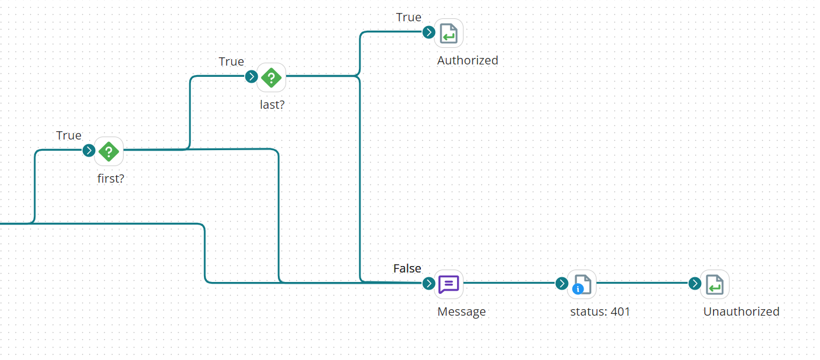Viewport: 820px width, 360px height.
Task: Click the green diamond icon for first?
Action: click(x=109, y=151)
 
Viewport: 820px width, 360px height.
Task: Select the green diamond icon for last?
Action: click(x=271, y=77)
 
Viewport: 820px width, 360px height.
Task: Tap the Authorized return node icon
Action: click(x=449, y=33)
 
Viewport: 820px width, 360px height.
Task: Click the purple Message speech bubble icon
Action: click(x=449, y=284)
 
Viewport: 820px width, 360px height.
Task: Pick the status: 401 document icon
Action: click(x=582, y=284)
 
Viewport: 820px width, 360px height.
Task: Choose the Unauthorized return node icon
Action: click(x=715, y=284)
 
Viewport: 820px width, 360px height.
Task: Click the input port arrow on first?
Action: click(x=89, y=150)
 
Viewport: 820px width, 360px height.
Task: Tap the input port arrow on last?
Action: click(x=251, y=76)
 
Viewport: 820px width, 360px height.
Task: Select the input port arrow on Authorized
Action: click(x=429, y=32)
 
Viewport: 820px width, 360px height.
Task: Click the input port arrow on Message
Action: click(x=429, y=283)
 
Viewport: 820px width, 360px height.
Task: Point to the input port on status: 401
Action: click(x=562, y=283)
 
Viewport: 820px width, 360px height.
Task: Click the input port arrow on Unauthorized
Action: click(x=695, y=283)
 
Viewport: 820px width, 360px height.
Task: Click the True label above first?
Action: click(x=69, y=135)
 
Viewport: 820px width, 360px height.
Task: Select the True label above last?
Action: click(x=231, y=61)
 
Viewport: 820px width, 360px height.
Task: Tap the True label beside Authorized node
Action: click(x=409, y=17)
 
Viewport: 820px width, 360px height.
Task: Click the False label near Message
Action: click(x=407, y=268)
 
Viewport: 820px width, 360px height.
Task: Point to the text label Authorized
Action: click(x=468, y=60)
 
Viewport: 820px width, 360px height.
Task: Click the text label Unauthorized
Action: click(x=741, y=312)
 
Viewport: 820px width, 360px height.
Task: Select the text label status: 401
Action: click(x=600, y=312)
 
